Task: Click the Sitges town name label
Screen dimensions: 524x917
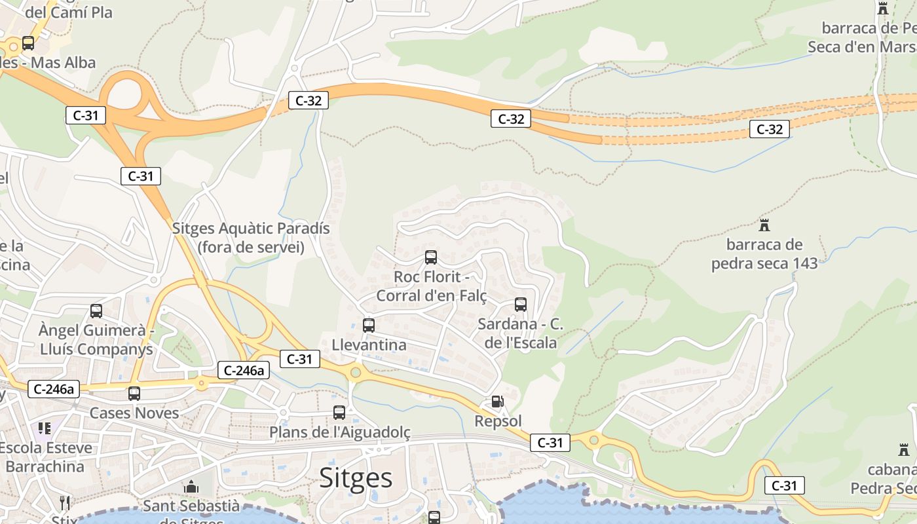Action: (356, 478)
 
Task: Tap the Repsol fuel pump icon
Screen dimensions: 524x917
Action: (498, 401)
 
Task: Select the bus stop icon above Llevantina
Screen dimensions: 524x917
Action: (369, 325)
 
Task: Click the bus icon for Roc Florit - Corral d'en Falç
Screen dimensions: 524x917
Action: (431, 257)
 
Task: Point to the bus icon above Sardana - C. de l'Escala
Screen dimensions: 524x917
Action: (521, 304)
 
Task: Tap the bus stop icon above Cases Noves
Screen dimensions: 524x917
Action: (134, 393)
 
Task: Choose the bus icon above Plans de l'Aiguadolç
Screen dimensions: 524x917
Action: (339, 412)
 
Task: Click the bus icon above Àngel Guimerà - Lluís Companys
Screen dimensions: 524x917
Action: (96, 310)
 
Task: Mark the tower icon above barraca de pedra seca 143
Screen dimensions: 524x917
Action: (764, 225)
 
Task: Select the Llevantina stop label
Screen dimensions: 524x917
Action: (369, 345)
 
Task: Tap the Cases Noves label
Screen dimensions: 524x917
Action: (134, 413)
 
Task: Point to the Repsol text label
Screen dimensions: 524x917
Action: (498, 421)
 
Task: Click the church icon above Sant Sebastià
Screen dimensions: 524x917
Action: (191, 487)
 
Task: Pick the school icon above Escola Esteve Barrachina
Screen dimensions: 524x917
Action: (45, 428)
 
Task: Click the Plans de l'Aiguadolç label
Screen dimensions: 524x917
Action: (340, 432)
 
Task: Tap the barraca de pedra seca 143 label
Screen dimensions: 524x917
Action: (764, 254)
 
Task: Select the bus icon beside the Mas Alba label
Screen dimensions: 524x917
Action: (28, 43)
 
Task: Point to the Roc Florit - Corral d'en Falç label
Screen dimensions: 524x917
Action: (431, 286)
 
